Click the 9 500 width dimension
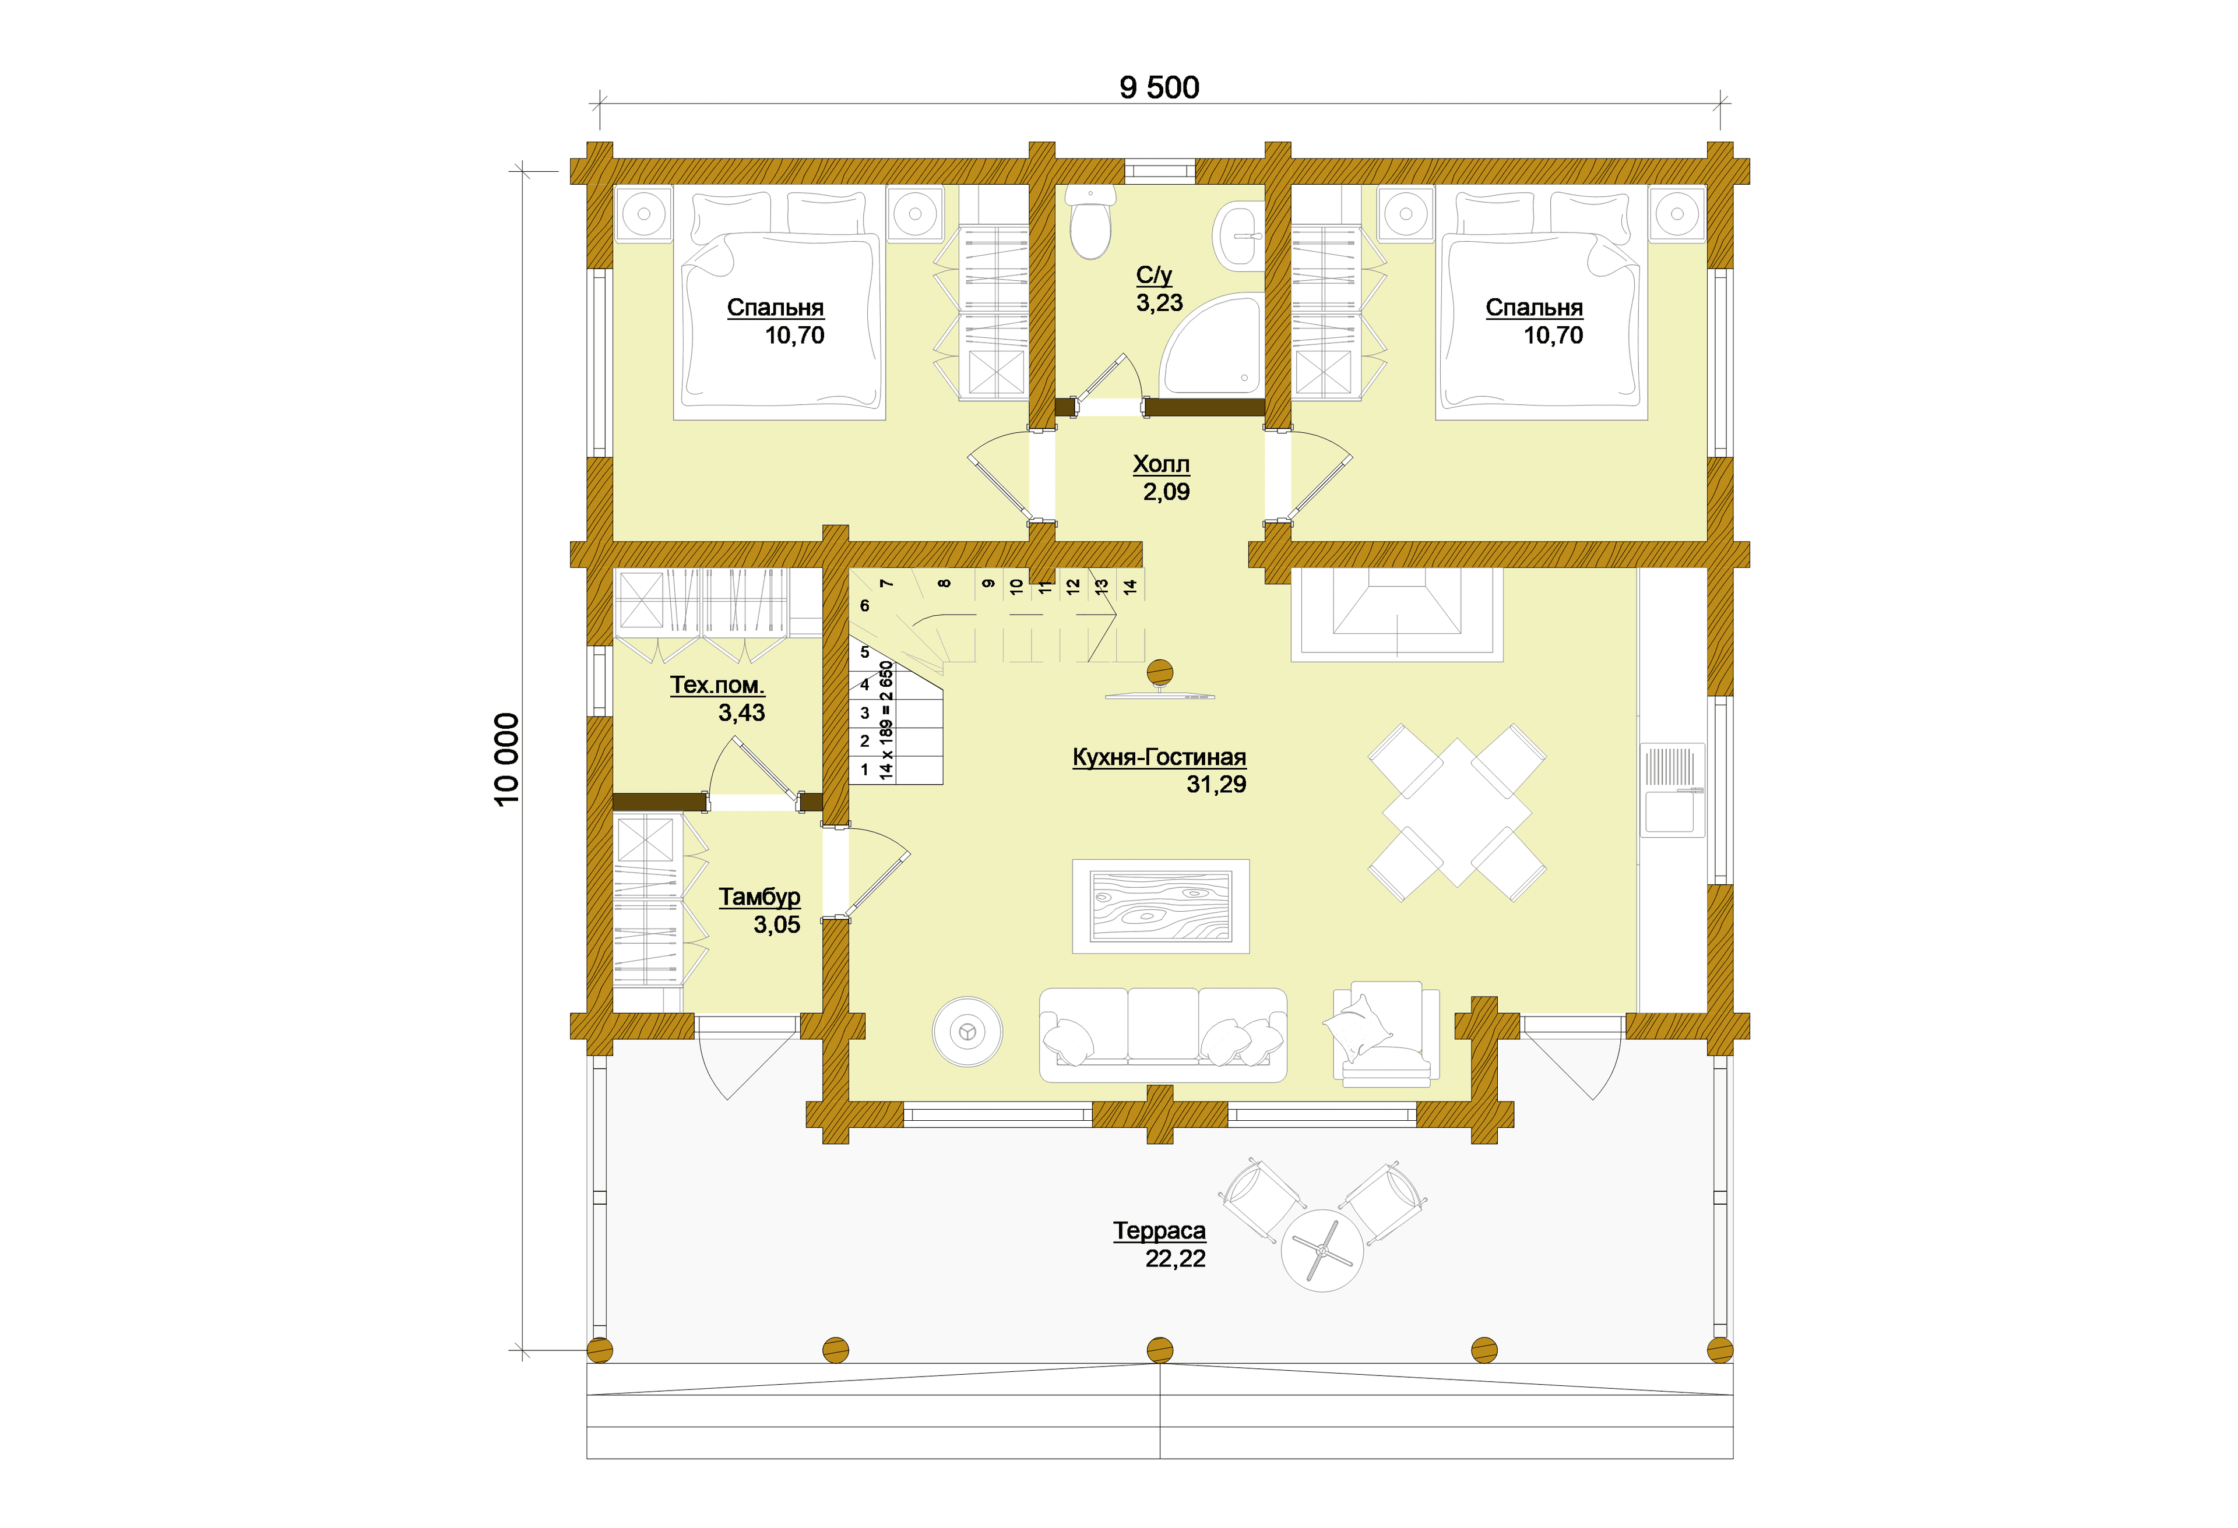(x=1159, y=87)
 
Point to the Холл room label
(x=1162, y=464)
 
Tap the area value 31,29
(x=1216, y=785)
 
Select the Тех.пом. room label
(x=717, y=686)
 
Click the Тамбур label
(x=760, y=897)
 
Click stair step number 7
(x=887, y=584)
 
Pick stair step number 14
(x=1131, y=584)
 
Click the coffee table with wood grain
(x=1160, y=906)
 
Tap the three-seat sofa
(x=1162, y=1035)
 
